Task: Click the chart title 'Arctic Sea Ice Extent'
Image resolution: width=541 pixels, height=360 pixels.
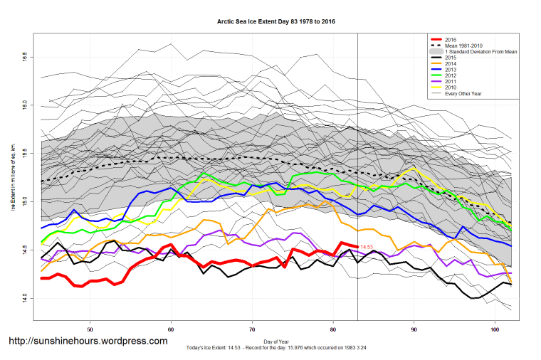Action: point(276,22)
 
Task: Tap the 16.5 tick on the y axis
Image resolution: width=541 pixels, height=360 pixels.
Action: point(24,55)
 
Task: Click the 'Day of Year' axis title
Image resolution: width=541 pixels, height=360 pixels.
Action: point(276,342)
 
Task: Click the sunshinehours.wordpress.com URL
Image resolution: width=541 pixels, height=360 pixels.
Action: point(88,342)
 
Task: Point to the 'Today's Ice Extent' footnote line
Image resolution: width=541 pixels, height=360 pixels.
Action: point(276,347)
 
